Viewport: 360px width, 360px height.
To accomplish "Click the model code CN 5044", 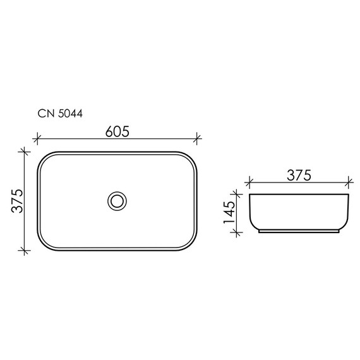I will tap(57, 114).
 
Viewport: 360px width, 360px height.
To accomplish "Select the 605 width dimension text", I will tap(117, 131).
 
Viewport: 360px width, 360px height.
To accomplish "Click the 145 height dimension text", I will tap(229, 212).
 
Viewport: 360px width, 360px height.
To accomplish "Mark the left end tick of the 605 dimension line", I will tap(37, 139).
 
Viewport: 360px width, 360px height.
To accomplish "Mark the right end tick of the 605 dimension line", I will tap(198, 139).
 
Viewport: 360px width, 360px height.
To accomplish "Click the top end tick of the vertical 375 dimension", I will tap(25, 152).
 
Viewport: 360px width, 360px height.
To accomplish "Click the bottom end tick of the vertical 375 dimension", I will tap(25, 251).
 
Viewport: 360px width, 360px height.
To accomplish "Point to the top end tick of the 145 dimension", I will tap(238, 193).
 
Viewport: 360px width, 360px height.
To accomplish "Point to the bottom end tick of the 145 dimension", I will tap(238, 232).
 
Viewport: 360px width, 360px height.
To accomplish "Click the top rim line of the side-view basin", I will tap(299, 194).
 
